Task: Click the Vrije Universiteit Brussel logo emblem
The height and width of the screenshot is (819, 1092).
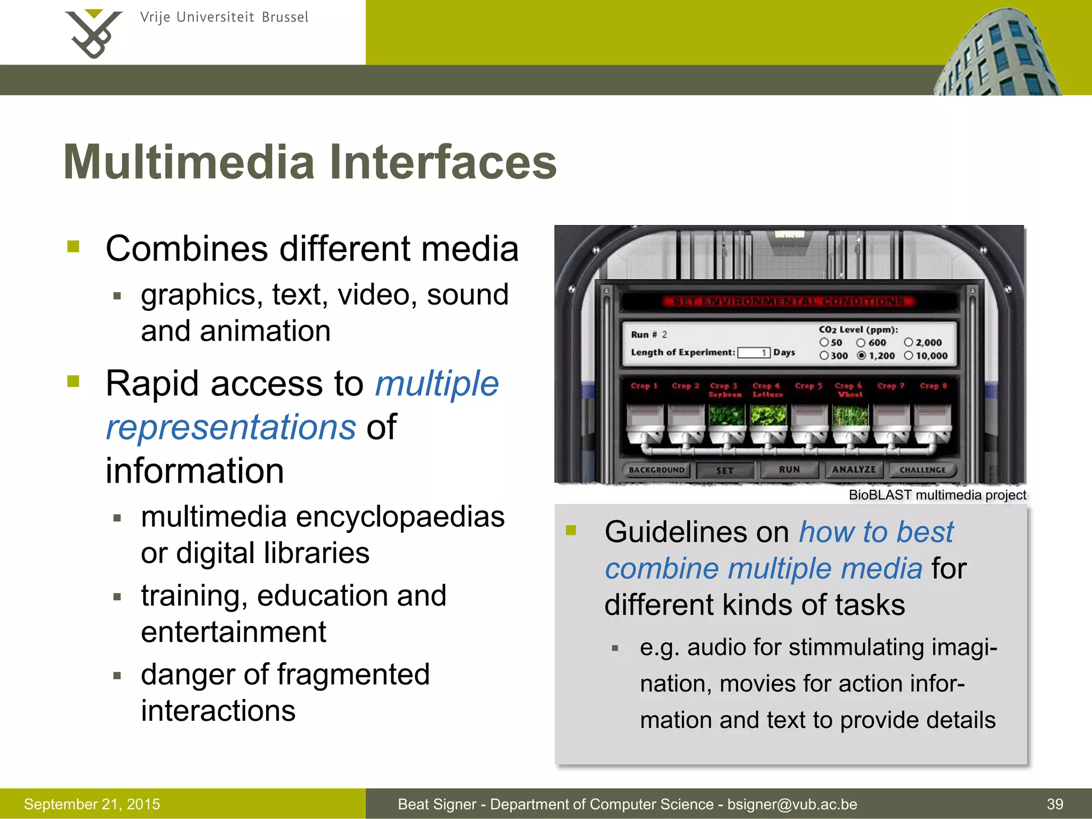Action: pos(94,33)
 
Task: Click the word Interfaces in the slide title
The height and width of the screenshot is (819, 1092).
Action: pos(443,162)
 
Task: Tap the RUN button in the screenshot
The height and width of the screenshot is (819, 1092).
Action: pos(789,470)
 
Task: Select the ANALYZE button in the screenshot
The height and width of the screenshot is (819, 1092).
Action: pos(854,470)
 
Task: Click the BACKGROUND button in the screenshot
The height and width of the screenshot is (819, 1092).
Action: pos(656,470)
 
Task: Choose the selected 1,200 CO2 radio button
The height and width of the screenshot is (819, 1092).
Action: pos(862,356)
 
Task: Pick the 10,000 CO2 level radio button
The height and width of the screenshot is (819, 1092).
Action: pos(909,356)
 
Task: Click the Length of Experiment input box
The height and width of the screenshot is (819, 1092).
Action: pos(753,352)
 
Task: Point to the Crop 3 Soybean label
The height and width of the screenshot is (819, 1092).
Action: pos(724,390)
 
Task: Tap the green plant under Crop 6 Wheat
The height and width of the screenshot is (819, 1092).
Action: pos(850,415)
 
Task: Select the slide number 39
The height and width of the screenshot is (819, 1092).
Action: pos(1055,804)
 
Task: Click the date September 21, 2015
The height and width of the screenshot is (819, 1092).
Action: pos(92,804)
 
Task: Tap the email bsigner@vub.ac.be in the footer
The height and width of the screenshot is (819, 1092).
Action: pos(792,804)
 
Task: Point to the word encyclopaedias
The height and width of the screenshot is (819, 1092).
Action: pos(400,517)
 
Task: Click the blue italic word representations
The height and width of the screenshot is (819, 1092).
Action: pos(231,427)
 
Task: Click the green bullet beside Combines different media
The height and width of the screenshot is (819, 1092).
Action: pos(74,246)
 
